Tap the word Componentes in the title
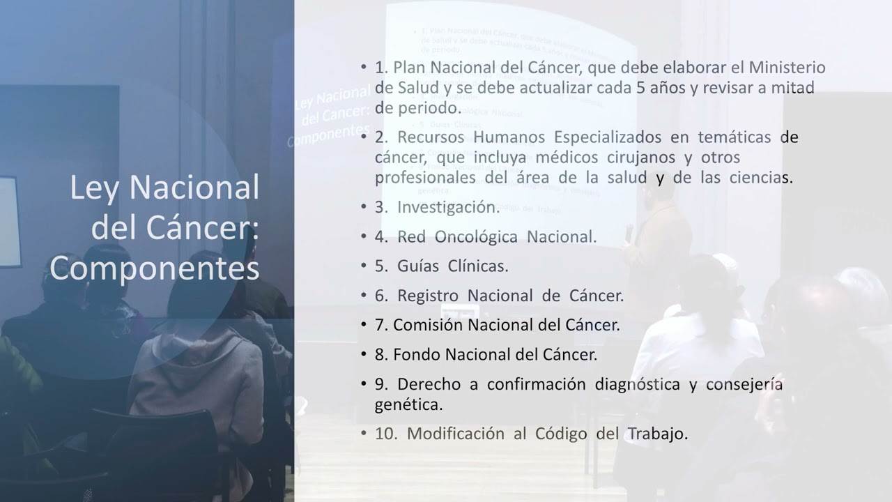[154, 269]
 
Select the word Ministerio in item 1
[787, 68]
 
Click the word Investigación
[447, 207]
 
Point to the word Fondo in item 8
[416, 354]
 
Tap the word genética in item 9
[408, 404]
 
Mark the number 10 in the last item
[385, 434]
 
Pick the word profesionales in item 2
[425, 177]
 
